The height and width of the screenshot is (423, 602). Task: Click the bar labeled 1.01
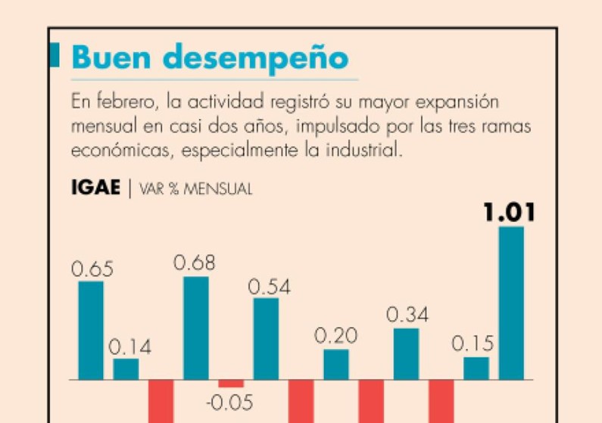coord(511,303)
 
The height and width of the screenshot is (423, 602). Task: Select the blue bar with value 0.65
coord(91,330)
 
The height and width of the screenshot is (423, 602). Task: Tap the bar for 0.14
coord(126,369)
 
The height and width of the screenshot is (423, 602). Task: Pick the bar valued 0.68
coord(196,328)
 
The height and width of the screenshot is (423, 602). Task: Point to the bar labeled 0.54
coord(266,338)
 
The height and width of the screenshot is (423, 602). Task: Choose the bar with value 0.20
coord(336,364)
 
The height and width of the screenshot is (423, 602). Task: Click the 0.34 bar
coord(406,353)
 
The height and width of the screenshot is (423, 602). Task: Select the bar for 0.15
coord(476,368)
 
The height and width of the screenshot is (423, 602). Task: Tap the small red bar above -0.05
coord(231,383)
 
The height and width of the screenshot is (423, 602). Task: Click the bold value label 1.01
coord(510,213)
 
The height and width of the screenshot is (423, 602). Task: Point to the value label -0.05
coord(230,403)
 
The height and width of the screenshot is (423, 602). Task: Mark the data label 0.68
coord(195,263)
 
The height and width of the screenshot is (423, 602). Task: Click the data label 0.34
coord(407,315)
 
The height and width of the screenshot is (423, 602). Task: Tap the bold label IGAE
coord(95,188)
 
